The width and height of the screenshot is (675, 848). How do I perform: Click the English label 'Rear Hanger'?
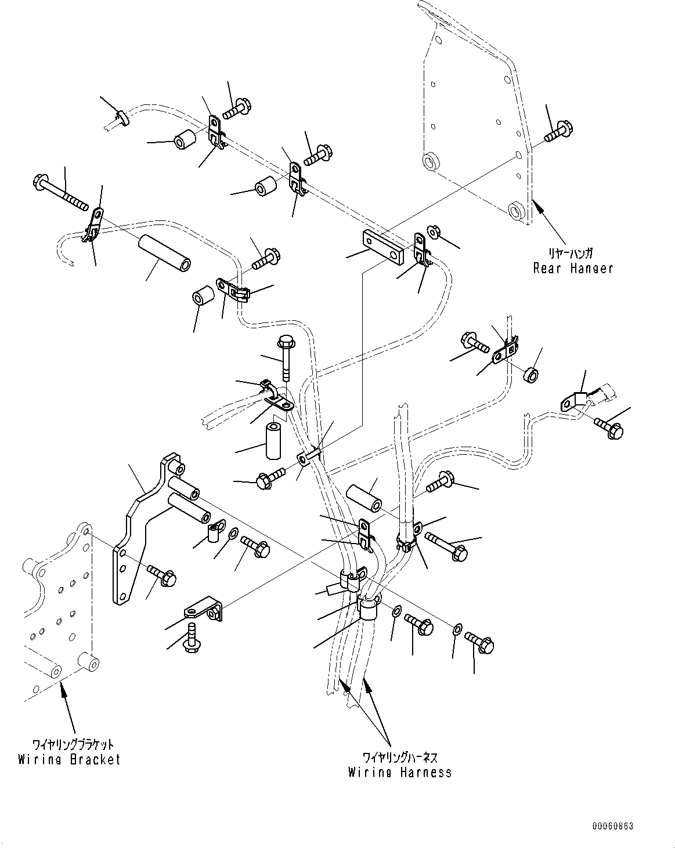click(x=573, y=268)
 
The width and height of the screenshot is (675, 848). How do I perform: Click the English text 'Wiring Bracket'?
click(x=69, y=759)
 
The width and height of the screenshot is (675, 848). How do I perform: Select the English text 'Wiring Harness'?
click(x=399, y=772)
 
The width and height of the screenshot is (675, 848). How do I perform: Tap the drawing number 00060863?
click(x=613, y=825)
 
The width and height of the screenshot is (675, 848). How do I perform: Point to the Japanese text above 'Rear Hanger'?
click(x=571, y=254)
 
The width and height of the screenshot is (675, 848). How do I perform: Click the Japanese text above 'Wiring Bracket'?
click(x=73, y=745)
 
